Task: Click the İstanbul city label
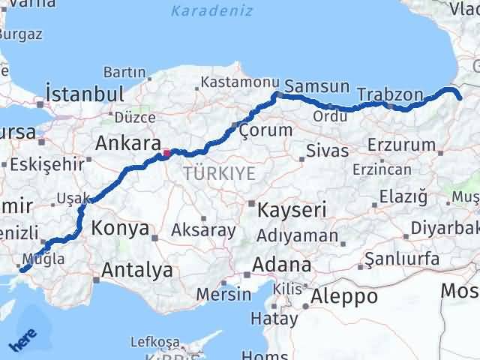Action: (x=84, y=94)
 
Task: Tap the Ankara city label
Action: (x=128, y=143)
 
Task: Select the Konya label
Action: (x=120, y=229)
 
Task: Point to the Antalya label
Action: (x=137, y=269)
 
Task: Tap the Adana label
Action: (x=282, y=265)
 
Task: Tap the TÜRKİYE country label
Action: (x=219, y=173)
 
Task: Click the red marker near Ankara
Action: (x=166, y=154)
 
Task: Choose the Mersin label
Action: (x=223, y=293)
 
